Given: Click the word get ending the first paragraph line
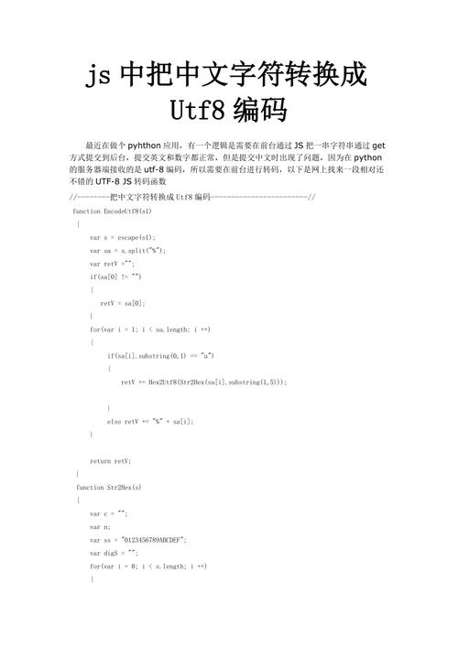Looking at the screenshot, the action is pyautogui.click(x=377, y=145).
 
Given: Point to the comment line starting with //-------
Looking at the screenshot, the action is pyautogui.click(x=192, y=197).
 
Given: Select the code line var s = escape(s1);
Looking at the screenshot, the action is pyautogui.click(x=128, y=236).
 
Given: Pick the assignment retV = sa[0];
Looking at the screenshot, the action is pyautogui.click(x=124, y=302).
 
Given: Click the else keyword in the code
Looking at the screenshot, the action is pyautogui.click(x=115, y=421).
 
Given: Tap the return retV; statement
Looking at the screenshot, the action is pyautogui.click(x=111, y=460).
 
